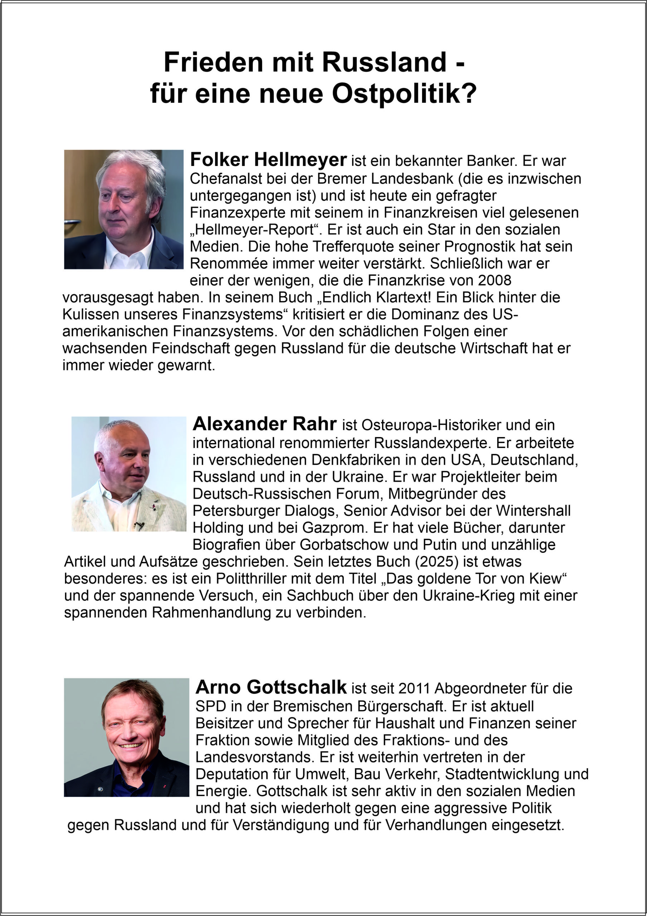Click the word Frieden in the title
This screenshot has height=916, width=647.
(x=213, y=62)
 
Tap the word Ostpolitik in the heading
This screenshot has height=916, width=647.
(x=404, y=94)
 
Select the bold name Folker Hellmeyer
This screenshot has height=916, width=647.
(x=268, y=160)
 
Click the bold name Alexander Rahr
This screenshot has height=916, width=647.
(x=264, y=424)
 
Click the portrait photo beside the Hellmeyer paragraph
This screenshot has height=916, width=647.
(x=124, y=209)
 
